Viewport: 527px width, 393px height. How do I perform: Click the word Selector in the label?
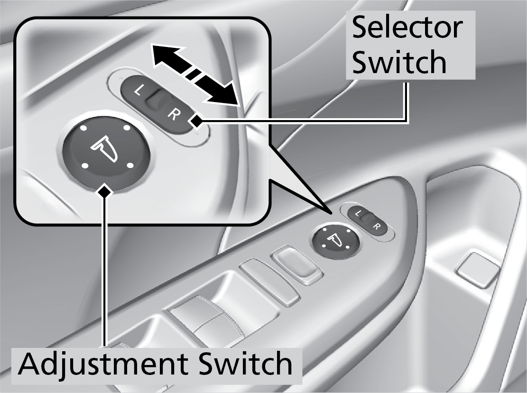[x=407, y=29]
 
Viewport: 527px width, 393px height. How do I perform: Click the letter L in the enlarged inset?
[x=138, y=91]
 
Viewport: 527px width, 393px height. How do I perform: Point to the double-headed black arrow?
[x=195, y=75]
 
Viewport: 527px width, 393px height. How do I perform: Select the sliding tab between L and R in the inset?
[x=155, y=101]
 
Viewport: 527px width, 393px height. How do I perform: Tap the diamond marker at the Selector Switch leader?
[x=196, y=122]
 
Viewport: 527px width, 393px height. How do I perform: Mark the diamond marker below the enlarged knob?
[x=105, y=191]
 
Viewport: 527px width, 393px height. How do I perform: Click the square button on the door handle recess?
[x=476, y=270]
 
